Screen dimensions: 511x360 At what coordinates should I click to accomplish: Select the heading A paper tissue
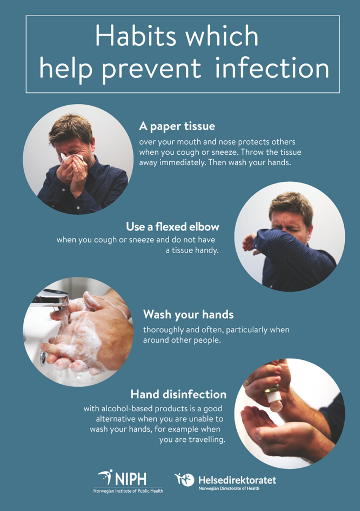177,126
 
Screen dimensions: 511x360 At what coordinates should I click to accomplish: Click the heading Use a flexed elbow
172,226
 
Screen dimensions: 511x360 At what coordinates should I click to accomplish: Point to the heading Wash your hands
188,314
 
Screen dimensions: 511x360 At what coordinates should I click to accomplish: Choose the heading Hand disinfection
178,394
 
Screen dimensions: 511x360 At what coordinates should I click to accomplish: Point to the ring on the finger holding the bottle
248,381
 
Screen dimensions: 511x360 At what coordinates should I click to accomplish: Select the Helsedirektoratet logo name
237,480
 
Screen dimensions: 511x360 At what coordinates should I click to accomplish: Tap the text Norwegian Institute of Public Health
128,491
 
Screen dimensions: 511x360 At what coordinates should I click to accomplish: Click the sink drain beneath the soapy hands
43,358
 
